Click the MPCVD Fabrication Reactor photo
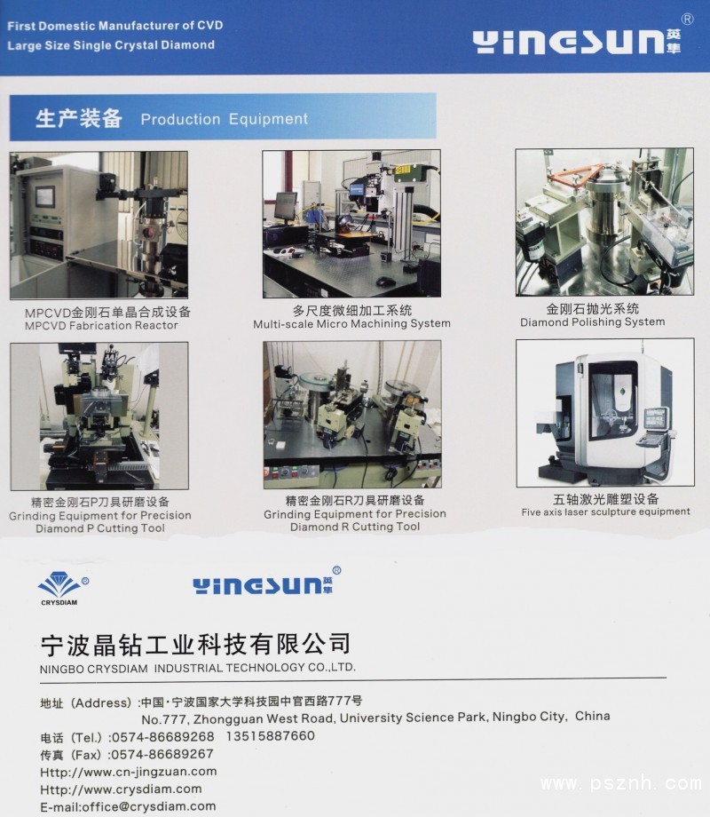tap(99, 225)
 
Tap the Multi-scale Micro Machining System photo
tap(351, 224)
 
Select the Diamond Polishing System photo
tap(604, 222)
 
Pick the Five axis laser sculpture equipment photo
tap(604, 413)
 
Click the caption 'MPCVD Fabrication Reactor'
tap(101, 326)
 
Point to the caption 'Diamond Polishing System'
tap(592, 322)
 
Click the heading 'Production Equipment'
tap(224, 119)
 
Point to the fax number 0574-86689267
tap(162, 754)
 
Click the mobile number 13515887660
tap(271, 735)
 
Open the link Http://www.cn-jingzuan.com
tap(128, 772)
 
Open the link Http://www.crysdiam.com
tap(121, 789)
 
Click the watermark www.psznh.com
tap(621, 783)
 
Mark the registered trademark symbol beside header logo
tap(688, 20)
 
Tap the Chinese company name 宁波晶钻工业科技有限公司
tap(196, 645)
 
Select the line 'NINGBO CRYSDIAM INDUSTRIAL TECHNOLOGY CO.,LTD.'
tap(198, 668)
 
